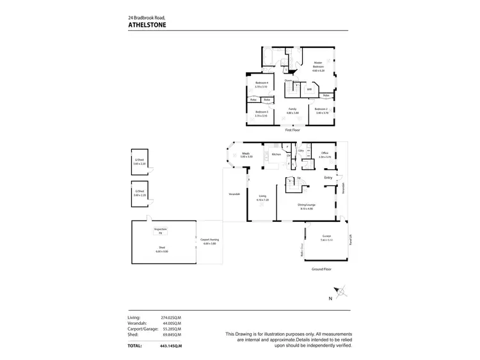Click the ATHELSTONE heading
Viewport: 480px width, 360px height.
pyautogui.click(x=147, y=26)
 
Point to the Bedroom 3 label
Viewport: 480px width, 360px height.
pyautogui.click(x=260, y=113)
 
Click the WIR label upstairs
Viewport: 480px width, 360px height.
pyautogui.click(x=309, y=90)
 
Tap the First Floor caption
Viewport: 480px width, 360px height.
pyautogui.click(x=292, y=130)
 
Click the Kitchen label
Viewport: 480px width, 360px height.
pyautogui.click(x=276, y=155)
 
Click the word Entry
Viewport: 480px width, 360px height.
pyautogui.click(x=328, y=177)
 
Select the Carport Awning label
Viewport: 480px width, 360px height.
pyautogui.click(x=209, y=242)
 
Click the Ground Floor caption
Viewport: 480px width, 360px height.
pyautogui.click(x=322, y=269)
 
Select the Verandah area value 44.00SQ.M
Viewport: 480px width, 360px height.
pyautogui.click(x=172, y=323)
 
